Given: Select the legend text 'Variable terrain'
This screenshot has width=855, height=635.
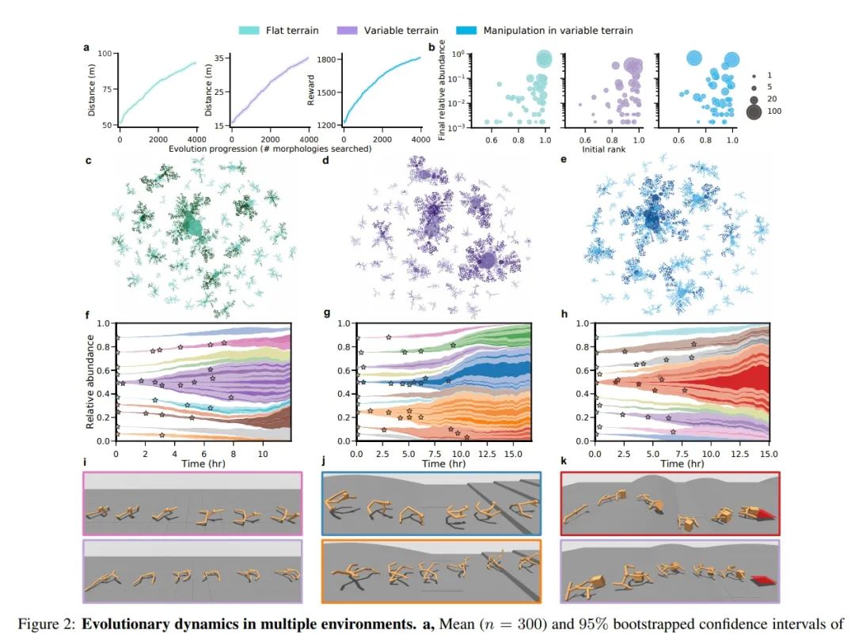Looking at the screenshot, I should click(x=401, y=31).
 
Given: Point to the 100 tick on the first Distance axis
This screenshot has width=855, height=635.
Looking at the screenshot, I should click(x=104, y=54).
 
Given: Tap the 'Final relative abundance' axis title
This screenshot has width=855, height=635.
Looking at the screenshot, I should click(x=443, y=92).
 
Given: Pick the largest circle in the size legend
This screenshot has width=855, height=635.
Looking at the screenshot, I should click(x=753, y=112).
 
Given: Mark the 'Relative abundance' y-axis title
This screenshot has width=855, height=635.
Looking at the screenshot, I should click(x=89, y=381).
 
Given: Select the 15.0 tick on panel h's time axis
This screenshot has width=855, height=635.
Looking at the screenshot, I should click(x=768, y=455).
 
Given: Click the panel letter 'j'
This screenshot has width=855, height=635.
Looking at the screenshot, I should click(x=325, y=462).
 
